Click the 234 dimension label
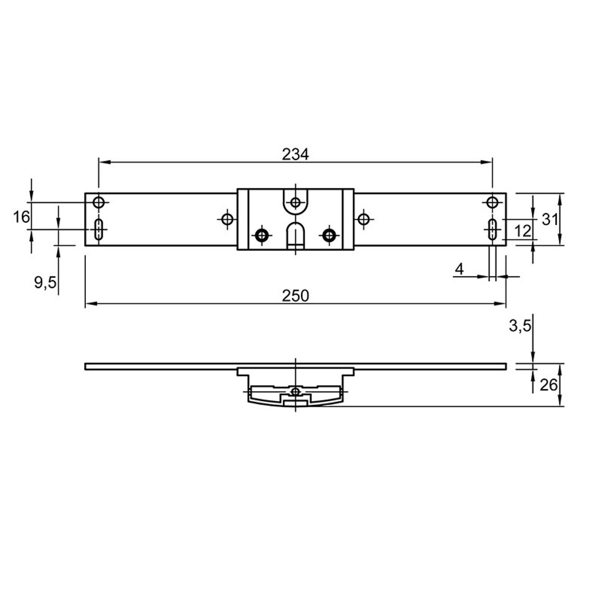pyautogui.click(x=295, y=154)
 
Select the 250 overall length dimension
pyautogui.click(x=295, y=296)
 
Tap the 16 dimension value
pyautogui.click(x=21, y=217)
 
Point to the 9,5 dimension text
pyautogui.click(x=45, y=283)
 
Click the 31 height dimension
pyautogui.click(x=549, y=220)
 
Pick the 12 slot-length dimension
pyautogui.click(x=522, y=231)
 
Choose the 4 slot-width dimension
pyautogui.click(x=459, y=270)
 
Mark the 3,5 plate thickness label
pyautogui.click(x=520, y=326)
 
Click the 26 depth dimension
pyautogui.click(x=549, y=385)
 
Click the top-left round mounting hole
pyautogui.click(x=98, y=202)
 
